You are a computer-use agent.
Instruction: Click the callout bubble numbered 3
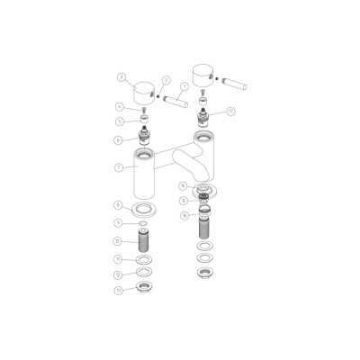pyautogui.click(x=121, y=77)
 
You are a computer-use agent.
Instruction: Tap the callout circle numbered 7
pyautogui.click(x=119, y=167)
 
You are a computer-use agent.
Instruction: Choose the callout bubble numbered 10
pyautogui.click(x=118, y=241)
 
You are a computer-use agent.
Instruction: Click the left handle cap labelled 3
pyautogui.click(x=142, y=91)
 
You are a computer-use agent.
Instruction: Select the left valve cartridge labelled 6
pyautogui.click(x=143, y=139)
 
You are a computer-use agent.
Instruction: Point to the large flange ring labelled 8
pyautogui.click(x=142, y=210)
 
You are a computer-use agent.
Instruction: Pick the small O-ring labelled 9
pyautogui.click(x=142, y=223)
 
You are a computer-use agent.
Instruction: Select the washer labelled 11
pyautogui.click(x=143, y=260)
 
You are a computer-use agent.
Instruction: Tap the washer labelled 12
pyautogui.click(x=143, y=274)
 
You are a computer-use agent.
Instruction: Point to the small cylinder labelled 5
pyautogui.click(x=142, y=121)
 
